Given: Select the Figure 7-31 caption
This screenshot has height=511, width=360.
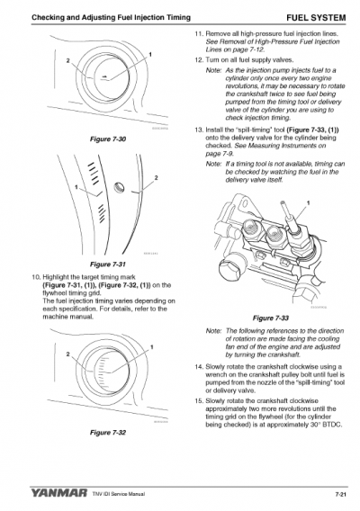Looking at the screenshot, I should (x=108, y=264).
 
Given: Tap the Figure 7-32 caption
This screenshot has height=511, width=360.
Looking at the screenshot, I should (x=107, y=433).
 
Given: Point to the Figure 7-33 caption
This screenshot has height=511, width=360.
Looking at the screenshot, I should (x=271, y=318).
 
